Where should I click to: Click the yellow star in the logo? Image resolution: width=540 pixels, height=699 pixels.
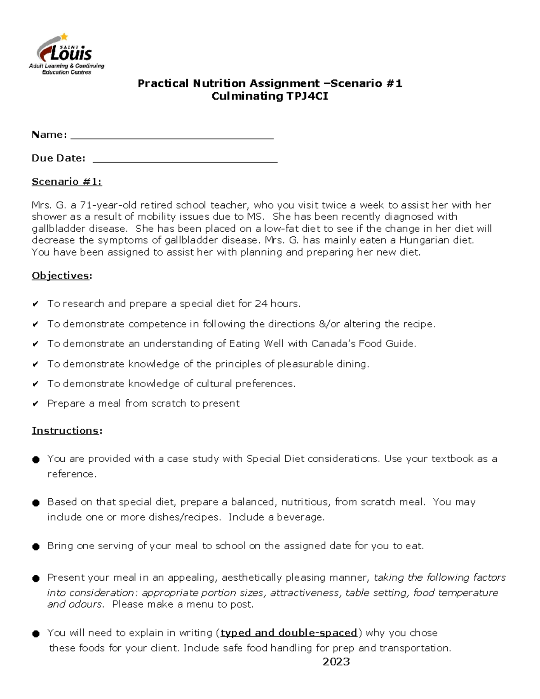tap(64, 36)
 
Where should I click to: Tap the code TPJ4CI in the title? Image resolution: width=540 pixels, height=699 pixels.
tap(307, 96)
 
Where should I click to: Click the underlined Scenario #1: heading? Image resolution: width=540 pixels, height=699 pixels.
tap(67, 181)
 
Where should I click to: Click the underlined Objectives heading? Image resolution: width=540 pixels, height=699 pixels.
tap(60, 275)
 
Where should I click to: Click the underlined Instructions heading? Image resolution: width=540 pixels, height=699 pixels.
tap(65, 431)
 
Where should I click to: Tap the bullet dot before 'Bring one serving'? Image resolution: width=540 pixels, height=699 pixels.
tap(36, 546)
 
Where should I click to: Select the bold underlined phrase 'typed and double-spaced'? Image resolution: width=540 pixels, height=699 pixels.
tap(288, 633)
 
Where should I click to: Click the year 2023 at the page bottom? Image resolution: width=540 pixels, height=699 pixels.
tap(336, 661)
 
